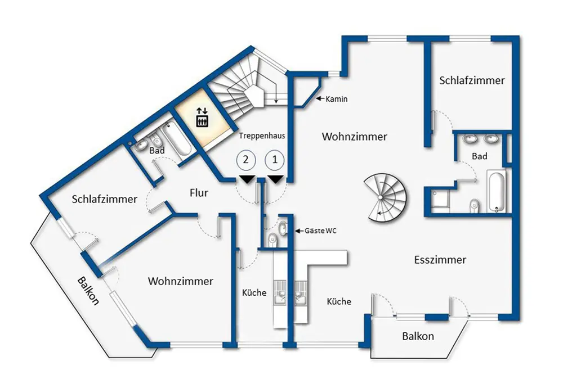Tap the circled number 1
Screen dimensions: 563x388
point(275,159)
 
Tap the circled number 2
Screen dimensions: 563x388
point(245,159)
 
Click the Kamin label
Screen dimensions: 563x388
point(337,100)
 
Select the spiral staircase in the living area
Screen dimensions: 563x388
point(386,198)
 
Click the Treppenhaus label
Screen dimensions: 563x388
point(262,136)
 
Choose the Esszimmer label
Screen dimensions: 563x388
point(440,260)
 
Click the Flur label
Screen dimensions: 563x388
point(199,193)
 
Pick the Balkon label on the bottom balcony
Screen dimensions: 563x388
point(418,336)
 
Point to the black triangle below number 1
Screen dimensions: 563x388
point(275,179)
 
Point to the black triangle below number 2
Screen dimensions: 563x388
point(246,179)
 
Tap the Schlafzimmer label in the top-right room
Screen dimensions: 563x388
point(472,80)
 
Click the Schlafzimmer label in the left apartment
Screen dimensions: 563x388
point(105,199)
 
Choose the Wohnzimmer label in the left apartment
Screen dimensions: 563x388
point(181,281)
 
